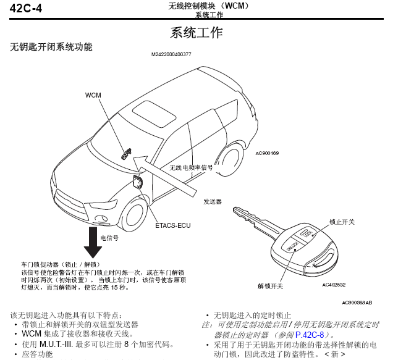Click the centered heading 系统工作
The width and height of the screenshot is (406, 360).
pos(196,33)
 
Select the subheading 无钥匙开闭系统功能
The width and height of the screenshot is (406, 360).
pos(51,47)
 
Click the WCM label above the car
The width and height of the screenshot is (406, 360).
pos(93,95)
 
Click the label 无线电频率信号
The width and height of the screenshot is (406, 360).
pos(191,167)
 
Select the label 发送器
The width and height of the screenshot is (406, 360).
pos(212,202)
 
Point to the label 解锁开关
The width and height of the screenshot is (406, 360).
pos(270,287)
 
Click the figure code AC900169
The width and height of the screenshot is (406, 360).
pos(267,154)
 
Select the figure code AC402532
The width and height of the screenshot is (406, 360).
pos(334,285)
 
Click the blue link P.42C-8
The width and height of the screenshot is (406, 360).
pos(309,334)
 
